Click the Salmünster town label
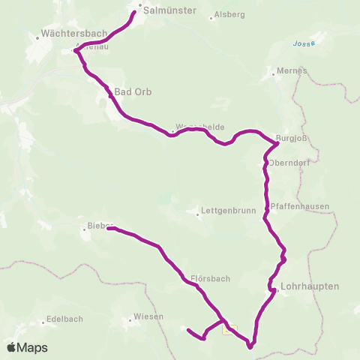pos(169,11)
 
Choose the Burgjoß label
pos(293,138)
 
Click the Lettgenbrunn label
pos(226,212)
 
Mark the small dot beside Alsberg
pos(211,16)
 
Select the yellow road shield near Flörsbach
pos(229,328)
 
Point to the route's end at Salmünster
pos(136,13)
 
